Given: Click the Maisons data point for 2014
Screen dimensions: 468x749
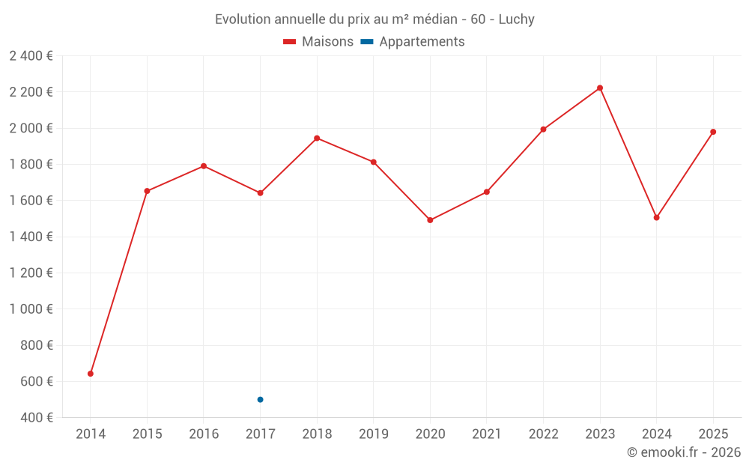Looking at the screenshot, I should point(91,374).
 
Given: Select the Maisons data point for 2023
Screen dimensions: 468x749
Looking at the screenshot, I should point(600,88).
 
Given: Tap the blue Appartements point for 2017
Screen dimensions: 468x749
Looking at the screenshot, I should point(260,400).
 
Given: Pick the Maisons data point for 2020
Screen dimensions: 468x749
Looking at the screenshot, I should point(430,220).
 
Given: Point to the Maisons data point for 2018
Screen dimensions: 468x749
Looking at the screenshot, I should point(317,139).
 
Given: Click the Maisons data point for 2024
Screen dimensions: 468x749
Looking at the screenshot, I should point(656,218).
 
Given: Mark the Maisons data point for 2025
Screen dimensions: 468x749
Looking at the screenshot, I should point(713,132).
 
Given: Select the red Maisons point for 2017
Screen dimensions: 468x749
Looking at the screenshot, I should point(260,193).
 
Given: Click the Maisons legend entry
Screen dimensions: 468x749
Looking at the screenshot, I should point(318,42).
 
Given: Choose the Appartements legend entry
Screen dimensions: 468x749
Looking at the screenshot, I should point(413,42).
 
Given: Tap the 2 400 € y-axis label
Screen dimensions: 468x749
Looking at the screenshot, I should point(31,56).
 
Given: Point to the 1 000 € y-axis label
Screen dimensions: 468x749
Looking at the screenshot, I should point(31,309).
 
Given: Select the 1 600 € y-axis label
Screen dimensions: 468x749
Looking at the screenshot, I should point(31,201).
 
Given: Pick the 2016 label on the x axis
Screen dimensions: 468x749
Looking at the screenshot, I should point(204,434).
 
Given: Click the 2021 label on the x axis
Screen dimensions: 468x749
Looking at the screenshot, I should point(487,434).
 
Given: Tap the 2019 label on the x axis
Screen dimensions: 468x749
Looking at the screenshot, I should point(373,434).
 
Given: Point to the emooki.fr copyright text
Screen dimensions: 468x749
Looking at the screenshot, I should point(684,452).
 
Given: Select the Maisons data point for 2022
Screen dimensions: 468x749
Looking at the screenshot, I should point(543,130).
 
